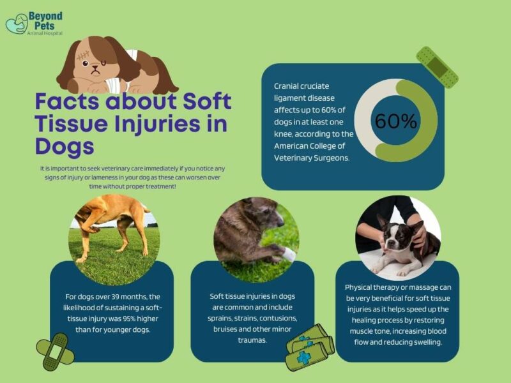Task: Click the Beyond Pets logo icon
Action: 16,24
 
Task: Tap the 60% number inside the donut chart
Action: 396,121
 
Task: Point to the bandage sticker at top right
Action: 437,67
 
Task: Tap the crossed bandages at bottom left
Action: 55,351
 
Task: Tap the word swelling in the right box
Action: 428,342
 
